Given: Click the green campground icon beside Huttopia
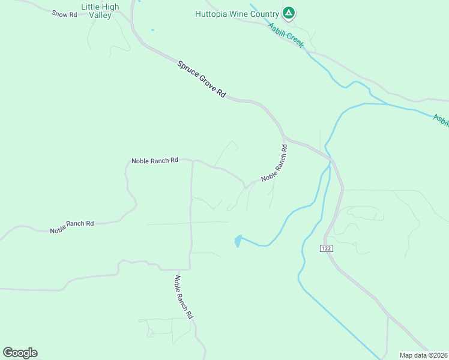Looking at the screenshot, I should (289, 13).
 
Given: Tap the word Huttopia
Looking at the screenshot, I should (212, 14).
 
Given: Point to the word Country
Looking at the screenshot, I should (267, 14).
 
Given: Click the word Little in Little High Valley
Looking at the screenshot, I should (91, 7).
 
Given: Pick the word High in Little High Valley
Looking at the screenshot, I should (111, 7).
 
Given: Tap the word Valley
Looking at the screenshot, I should (100, 16).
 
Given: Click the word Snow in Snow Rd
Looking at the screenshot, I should (60, 13).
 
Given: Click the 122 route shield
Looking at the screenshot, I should (326, 248).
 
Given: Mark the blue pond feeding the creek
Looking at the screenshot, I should (238, 241).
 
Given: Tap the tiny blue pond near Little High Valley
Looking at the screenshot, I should (152, 30).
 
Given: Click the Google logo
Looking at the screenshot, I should (20, 353).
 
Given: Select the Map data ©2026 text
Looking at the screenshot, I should (423, 355).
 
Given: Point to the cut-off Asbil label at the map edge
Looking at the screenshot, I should (441, 119).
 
